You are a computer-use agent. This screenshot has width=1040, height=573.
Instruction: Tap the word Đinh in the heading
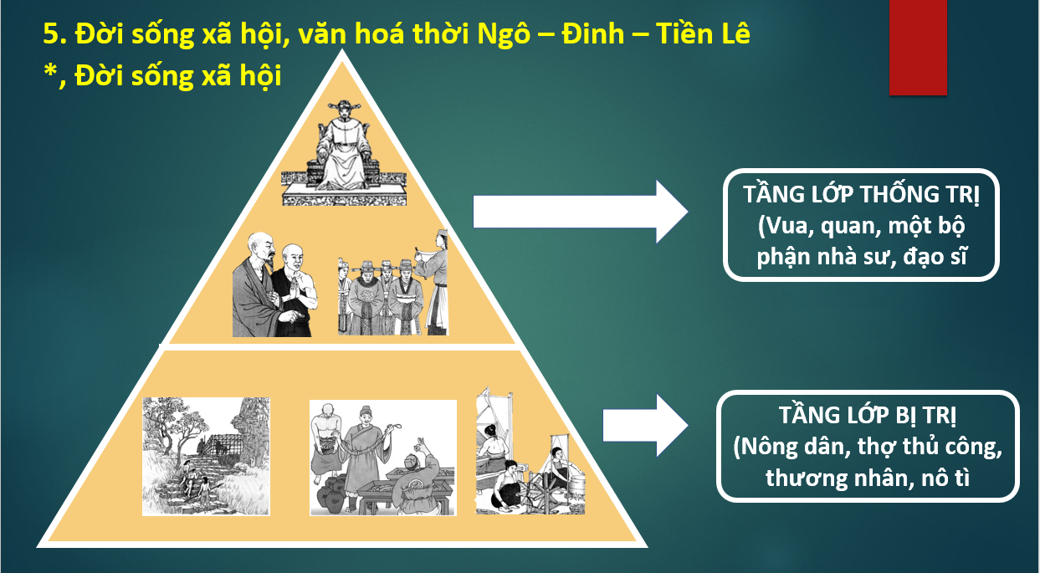pyautogui.click(x=593, y=34)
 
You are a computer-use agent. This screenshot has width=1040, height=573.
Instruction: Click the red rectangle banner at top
pyautogui.click(x=918, y=48)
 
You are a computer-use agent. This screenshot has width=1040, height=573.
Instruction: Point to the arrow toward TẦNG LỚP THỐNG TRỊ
pyautogui.click(x=581, y=212)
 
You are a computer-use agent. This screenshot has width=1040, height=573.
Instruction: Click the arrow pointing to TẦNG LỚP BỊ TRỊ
pyautogui.click(x=645, y=425)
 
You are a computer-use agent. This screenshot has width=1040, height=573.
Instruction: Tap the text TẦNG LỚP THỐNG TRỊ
pyautogui.click(x=861, y=194)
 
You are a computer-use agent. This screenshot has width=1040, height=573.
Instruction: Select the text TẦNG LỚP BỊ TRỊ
pyautogui.click(x=868, y=415)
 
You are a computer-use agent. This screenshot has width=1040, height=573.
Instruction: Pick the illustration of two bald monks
pyautogui.click(x=275, y=284)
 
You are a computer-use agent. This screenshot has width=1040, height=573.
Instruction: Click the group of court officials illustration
pyautogui.click(x=392, y=283)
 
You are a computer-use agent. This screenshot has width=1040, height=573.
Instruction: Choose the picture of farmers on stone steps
pyautogui.click(x=206, y=456)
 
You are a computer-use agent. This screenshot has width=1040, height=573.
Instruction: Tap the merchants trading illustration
pyautogui.click(x=383, y=458)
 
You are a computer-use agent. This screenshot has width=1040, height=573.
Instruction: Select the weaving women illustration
pyautogui.click(x=530, y=450)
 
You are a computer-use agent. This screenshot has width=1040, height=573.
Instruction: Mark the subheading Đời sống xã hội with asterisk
pyautogui.click(x=162, y=75)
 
